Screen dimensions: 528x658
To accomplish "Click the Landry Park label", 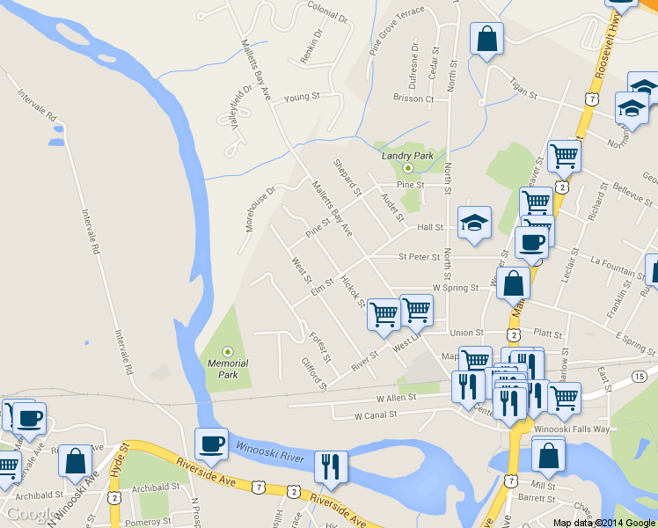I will [407, 156].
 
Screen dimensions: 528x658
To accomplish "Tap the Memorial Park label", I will [228, 368].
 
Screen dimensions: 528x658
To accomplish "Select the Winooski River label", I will [270, 447].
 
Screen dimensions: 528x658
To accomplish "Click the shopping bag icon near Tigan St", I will [486, 40].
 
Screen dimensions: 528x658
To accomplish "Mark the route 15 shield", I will [639, 377].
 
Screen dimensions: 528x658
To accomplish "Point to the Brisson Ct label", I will [413, 99].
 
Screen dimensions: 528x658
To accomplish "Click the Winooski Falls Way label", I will [572, 429].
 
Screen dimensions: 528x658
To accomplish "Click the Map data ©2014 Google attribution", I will [604, 522].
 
